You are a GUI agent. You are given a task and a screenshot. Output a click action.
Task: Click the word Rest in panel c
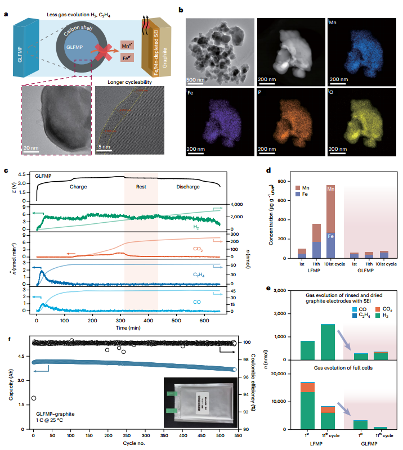point(141,186)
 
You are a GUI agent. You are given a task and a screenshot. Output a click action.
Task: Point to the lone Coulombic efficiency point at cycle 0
point(34,398)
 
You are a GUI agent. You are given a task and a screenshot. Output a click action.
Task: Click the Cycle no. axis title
point(135,443)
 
